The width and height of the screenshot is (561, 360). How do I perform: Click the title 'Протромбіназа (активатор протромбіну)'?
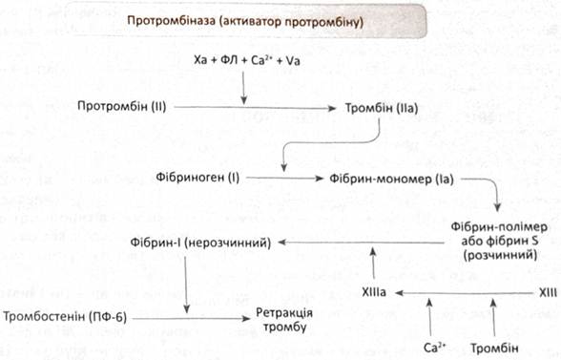[245, 22]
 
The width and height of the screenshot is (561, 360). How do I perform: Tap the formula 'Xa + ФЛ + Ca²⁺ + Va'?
[247, 60]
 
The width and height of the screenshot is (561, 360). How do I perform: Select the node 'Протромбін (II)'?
[122, 107]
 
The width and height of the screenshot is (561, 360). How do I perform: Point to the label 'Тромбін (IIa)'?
[382, 108]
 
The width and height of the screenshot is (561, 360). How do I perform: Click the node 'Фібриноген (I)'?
[197, 178]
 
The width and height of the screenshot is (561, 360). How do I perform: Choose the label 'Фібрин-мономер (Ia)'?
[391, 179]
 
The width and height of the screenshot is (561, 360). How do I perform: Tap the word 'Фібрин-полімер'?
[499, 227]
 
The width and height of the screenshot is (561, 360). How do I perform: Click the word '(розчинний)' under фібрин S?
[500, 255]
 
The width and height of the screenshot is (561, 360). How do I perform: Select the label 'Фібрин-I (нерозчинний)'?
[200, 243]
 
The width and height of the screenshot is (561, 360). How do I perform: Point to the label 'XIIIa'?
[374, 292]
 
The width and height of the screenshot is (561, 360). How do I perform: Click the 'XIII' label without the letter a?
[548, 293]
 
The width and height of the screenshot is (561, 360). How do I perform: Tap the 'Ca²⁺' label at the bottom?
[434, 348]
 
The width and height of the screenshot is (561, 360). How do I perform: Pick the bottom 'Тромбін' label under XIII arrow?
[494, 349]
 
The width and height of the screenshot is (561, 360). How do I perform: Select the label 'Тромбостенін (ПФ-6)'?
[65, 317]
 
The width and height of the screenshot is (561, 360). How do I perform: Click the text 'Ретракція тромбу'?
[284, 320]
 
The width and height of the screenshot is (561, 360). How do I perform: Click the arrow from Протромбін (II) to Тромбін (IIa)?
[255, 108]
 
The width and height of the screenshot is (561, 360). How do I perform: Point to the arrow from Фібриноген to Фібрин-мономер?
[284, 178]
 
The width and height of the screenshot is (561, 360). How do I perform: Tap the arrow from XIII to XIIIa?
[464, 293]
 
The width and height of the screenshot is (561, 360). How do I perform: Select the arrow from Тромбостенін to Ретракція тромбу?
[192, 318]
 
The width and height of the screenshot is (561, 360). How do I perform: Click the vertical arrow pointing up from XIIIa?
[373, 263]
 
